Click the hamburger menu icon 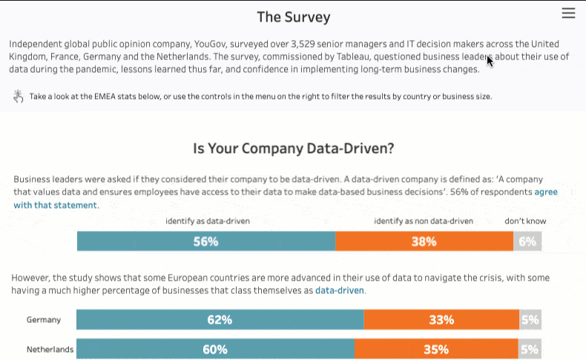click(569, 13)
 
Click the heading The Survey click(293, 17)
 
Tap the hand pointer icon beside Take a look click(19, 96)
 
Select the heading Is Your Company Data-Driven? click(293, 148)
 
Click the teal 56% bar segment click(205, 241)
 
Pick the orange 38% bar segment click(424, 241)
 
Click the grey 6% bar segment click(527, 241)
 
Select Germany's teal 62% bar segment click(220, 320)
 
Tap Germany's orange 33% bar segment click(441, 320)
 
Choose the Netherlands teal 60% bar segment click(215, 349)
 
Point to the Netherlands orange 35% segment click(436, 349)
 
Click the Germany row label click(44, 320)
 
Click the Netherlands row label click(50, 349)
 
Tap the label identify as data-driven click(207, 221)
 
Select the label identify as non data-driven click(423, 221)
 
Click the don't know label click(525, 221)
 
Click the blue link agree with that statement click(56, 205)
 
